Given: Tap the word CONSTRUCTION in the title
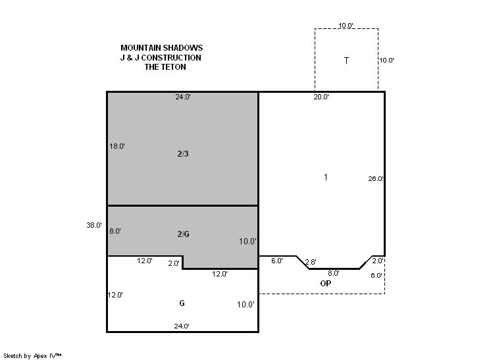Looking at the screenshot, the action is point(171,58).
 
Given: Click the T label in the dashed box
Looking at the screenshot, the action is point(346,61).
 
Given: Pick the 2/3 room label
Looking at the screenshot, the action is point(183,154).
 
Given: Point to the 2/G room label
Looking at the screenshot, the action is point(183,234).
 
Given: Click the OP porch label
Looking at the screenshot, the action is point(326,283).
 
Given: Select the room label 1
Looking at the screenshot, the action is point(326,177).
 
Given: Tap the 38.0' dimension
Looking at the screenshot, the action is point(94,225).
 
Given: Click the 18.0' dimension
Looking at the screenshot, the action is point(117,146).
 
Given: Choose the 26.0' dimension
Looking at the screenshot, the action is point(376,179).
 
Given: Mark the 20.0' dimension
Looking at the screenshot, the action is point(321,97).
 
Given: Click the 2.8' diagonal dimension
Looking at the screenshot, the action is point(311,262).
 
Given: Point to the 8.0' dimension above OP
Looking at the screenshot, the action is point(334,273).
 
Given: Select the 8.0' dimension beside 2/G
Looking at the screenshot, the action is point(115,231).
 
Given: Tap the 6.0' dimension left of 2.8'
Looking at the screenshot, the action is point(277,261).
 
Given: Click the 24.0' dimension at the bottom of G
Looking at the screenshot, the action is point(182,326).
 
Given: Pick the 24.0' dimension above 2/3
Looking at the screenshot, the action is point(183,97).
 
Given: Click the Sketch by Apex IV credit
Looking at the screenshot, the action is point(32,356).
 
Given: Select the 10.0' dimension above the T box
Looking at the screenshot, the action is point(346,26).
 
